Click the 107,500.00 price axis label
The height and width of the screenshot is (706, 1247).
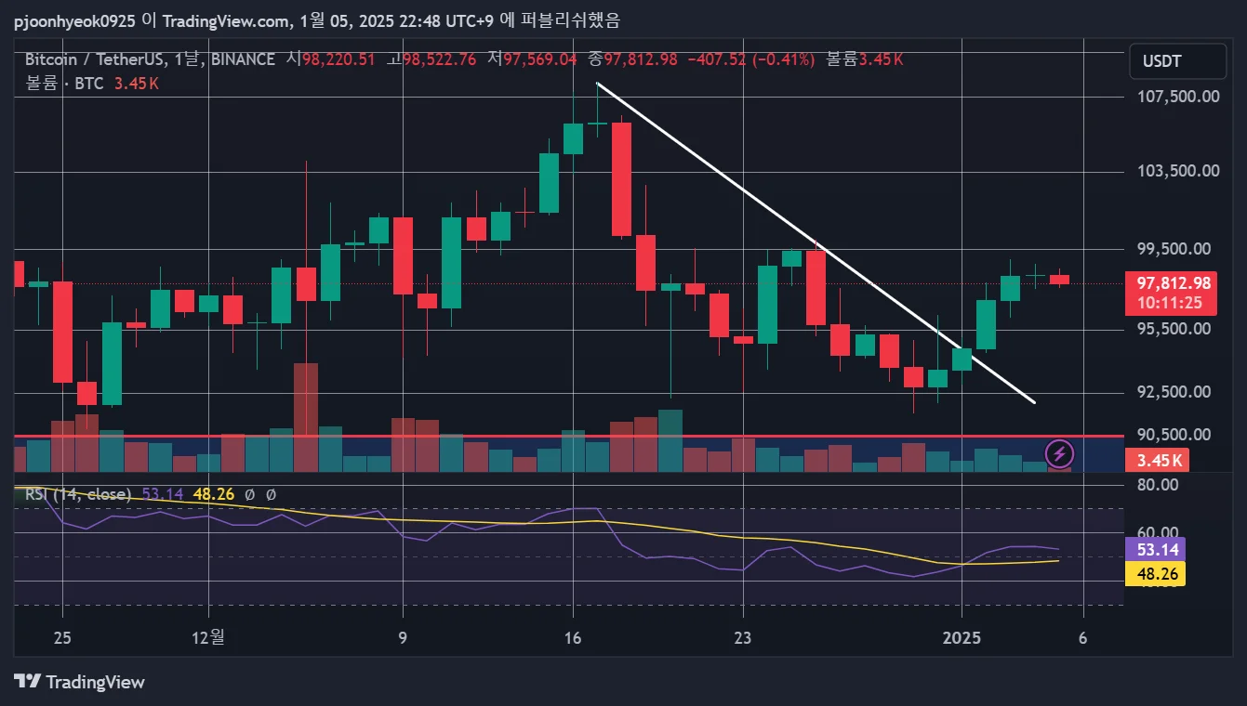(1178, 97)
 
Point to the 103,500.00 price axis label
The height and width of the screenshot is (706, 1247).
(1178, 171)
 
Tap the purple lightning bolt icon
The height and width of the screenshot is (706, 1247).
(1060, 454)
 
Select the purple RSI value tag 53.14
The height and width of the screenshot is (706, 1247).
(1155, 549)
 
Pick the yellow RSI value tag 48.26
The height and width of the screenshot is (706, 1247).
(1155, 574)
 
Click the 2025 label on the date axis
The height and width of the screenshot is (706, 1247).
(962, 638)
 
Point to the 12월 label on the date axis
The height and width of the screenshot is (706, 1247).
(208, 638)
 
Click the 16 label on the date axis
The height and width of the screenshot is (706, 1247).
(573, 638)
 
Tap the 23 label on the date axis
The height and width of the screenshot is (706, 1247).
(743, 638)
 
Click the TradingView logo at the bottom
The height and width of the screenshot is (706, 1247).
(80, 682)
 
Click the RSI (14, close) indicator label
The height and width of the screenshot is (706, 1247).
(78, 494)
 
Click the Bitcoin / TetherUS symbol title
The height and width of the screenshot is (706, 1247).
(91, 59)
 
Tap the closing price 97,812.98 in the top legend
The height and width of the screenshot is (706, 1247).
(641, 59)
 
